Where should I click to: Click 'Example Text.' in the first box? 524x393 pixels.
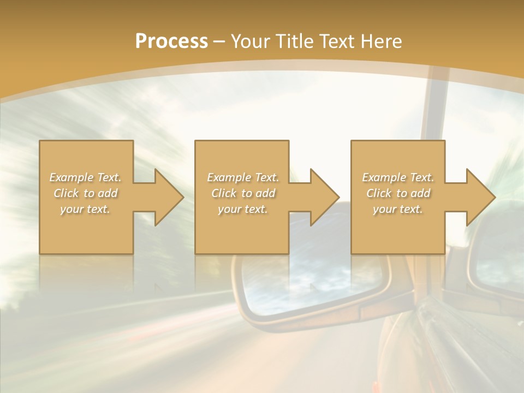tap(86, 177)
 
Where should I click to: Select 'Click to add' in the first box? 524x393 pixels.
tap(86, 193)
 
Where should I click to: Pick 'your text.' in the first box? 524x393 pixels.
tap(86, 209)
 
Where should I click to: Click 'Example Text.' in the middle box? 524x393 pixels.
tap(243, 177)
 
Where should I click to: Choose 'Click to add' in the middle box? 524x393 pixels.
tap(243, 193)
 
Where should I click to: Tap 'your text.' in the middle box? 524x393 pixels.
tap(243, 209)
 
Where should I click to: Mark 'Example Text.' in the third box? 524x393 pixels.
tap(398, 177)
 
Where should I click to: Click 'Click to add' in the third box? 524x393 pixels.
tap(398, 193)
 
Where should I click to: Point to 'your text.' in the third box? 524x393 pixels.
tap(398, 209)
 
